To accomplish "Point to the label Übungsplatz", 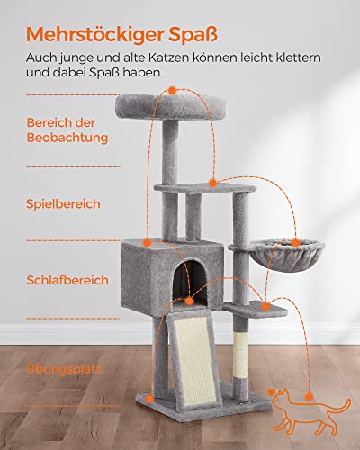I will pos(64,367).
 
